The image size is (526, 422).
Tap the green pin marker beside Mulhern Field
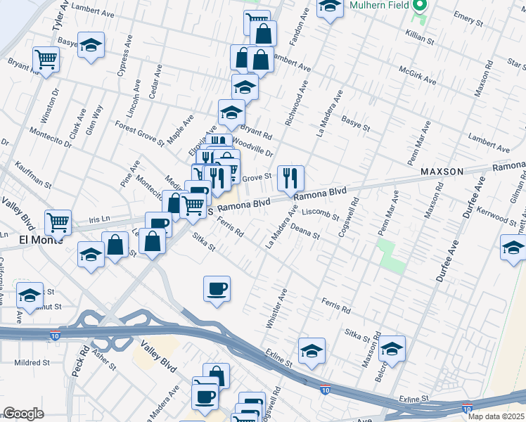point(421,6)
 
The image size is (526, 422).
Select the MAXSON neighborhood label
point(442,172)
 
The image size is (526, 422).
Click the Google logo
point(23,414)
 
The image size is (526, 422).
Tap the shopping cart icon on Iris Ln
point(58,222)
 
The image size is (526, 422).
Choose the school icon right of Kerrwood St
point(513,248)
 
